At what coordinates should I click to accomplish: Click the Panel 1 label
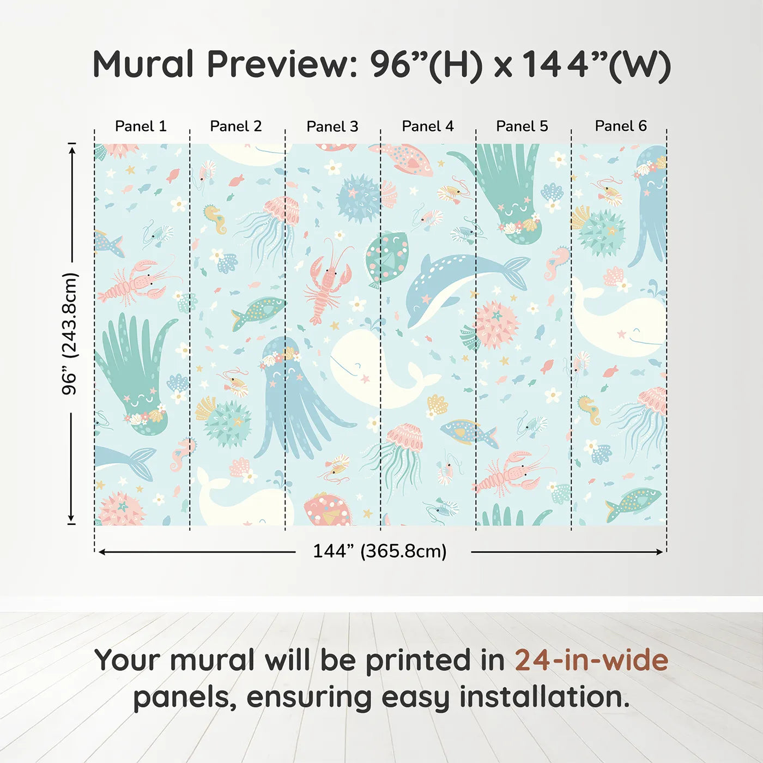point(141,126)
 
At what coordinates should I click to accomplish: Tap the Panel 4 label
point(427,126)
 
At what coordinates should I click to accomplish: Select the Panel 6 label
point(620,126)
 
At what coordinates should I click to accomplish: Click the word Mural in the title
point(143,64)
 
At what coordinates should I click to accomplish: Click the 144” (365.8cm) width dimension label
point(379,551)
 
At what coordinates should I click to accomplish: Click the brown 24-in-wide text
point(591,660)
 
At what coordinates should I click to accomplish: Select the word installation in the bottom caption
point(544,697)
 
